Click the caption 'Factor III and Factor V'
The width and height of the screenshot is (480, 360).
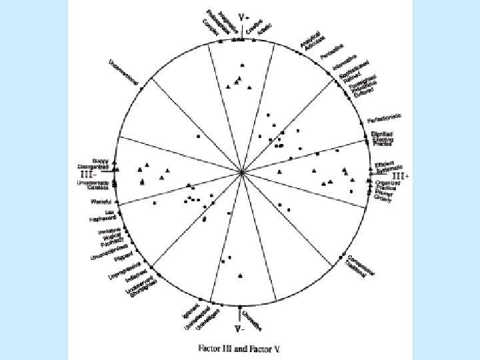240,348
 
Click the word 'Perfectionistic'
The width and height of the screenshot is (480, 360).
385,119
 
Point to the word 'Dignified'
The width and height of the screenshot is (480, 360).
383,134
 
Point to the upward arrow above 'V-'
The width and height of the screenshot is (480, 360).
240,314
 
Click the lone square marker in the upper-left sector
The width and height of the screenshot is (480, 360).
199,136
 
